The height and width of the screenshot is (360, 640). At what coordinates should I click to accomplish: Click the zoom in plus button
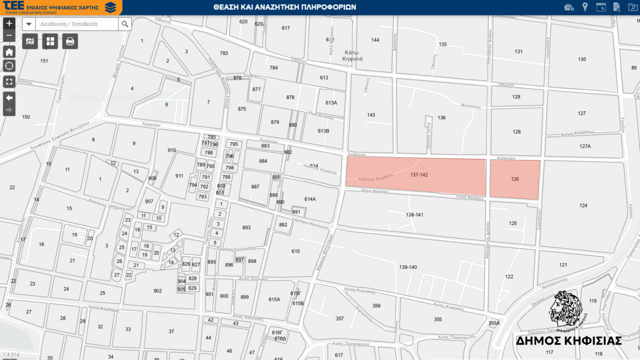pyautogui.click(x=9, y=23)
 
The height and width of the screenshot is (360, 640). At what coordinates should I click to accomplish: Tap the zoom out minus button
pyautogui.click(x=9, y=35)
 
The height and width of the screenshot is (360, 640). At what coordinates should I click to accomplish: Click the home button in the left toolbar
pyautogui.click(x=9, y=52)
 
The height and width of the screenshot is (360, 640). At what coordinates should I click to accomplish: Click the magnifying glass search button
pyautogui.click(x=125, y=24)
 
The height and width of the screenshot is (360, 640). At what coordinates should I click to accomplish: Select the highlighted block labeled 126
pyautogui.click(x=515, y=179)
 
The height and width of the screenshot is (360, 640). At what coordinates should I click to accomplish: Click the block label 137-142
pyautogui.click(x=419, y=175)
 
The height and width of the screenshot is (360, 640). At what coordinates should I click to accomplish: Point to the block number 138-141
pyautogui.click(x=414, y=214)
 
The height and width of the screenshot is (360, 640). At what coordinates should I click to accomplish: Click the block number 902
pyautogui.click(x=157, y=290)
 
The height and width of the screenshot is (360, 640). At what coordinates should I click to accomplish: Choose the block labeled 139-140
pyautogui.click(x=408, y=267)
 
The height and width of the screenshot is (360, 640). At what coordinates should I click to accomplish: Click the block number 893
pyautogui.click(x=246, y=227)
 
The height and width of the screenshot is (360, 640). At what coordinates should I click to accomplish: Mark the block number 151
pyautogui.click(x=44, y=61)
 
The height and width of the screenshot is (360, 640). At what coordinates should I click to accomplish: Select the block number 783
pyautogui.click(x=223, y=53)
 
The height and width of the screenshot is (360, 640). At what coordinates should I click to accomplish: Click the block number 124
pyautogui.click(x=583, y=205)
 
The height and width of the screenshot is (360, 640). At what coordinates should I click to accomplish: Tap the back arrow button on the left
pyautogui.click(x=9, y=97)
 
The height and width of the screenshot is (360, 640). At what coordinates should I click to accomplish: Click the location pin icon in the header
pyautogui.click(x=584, y=7)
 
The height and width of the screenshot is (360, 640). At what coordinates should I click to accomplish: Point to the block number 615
pyautogui.click(x=295, y=251)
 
